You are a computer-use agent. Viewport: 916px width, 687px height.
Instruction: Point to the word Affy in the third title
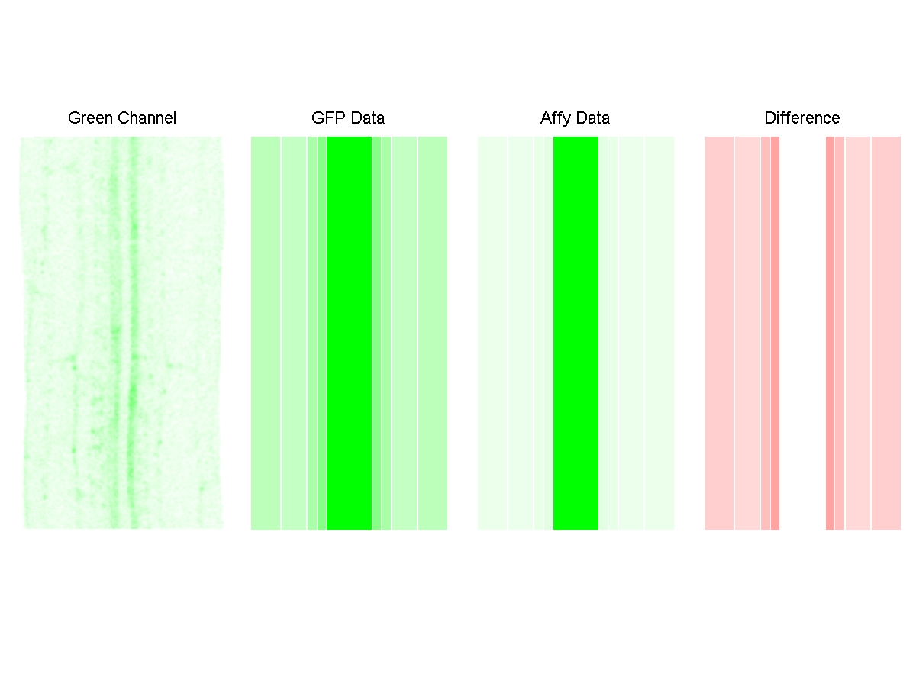556,118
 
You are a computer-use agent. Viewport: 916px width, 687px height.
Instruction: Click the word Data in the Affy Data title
594,118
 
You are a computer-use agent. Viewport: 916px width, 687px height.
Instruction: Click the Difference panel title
801,118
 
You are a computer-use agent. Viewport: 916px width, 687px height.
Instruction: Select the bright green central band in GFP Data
349,333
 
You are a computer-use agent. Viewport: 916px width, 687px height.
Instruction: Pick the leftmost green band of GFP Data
265,333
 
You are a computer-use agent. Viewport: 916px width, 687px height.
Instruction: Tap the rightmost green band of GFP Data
433,333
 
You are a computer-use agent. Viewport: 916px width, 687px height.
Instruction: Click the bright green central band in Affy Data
576,333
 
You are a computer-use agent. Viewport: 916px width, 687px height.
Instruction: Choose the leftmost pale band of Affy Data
492,333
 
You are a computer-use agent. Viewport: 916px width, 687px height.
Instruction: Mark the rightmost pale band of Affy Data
660,333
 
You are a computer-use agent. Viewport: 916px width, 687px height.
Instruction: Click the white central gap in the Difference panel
802,333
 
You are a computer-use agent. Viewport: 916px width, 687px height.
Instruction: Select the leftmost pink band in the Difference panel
718,333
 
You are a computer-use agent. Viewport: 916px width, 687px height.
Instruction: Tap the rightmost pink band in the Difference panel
886,333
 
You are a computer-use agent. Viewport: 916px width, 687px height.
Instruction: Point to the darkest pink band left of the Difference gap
775,333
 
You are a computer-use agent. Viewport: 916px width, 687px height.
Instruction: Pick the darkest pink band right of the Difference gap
830,333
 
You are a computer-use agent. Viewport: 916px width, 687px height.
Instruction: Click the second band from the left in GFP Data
294,333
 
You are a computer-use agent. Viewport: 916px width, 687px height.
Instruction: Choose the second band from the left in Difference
747,333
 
